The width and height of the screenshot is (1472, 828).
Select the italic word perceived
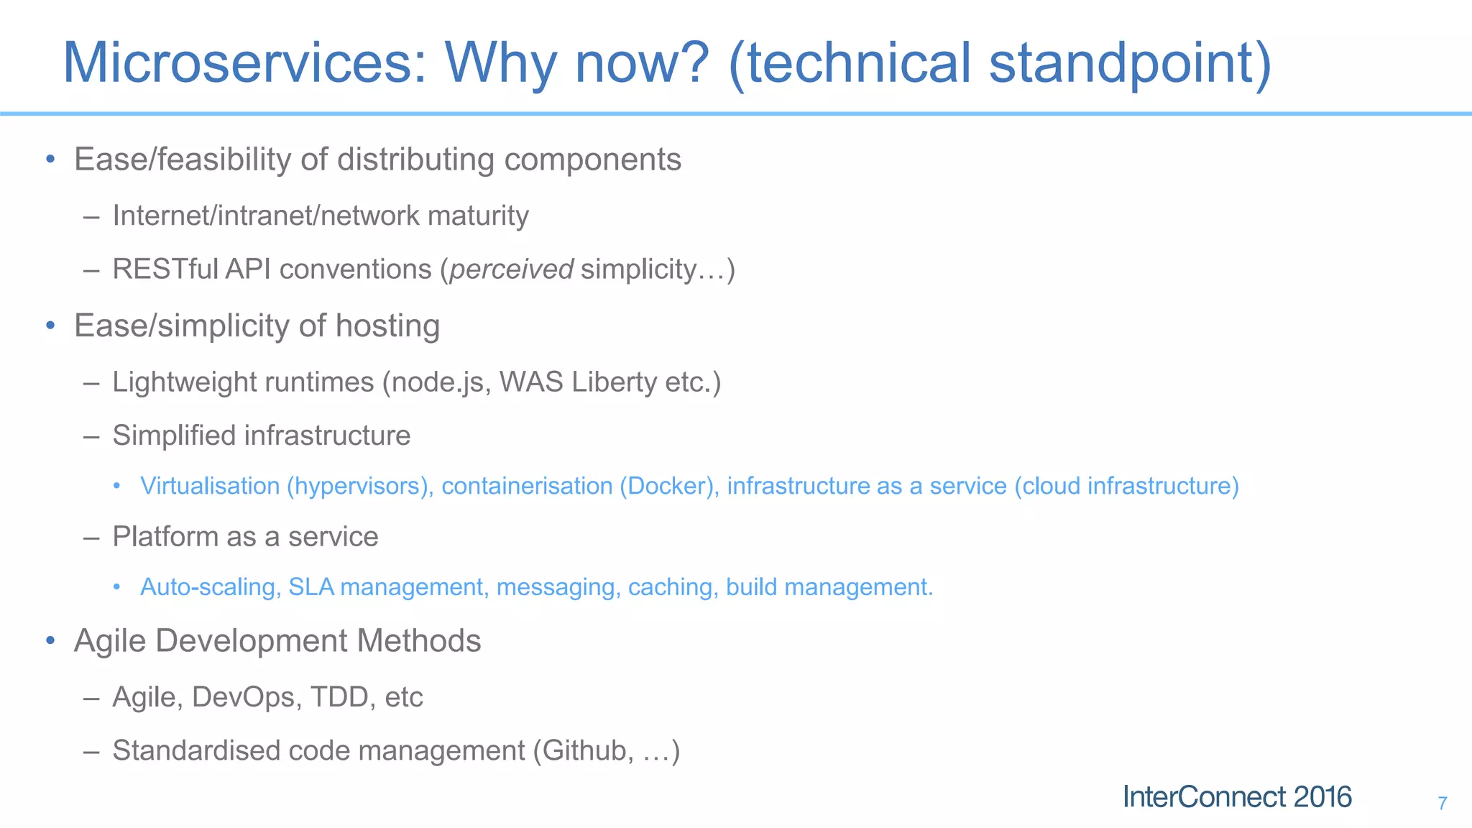511,270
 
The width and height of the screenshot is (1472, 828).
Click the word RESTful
165,270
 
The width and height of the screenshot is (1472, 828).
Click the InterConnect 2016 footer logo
1237,797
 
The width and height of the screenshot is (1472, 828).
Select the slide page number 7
1442,804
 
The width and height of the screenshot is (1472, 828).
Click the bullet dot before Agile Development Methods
50,640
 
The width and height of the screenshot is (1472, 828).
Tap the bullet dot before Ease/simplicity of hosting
50,326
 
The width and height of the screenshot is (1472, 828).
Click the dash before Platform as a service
91,538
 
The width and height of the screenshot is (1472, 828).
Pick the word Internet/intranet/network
265,216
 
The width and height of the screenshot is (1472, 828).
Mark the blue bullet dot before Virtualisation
116,487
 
